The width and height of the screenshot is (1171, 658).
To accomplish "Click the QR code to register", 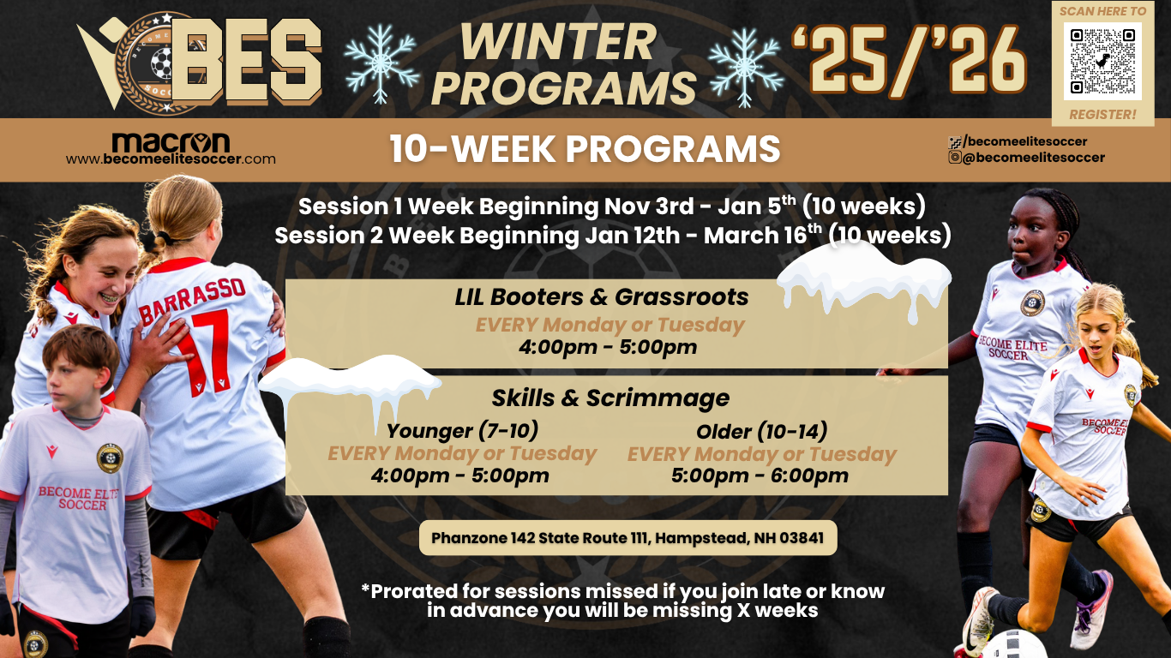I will pos(1102,61).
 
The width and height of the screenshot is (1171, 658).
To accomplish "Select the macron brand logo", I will pos(171,141).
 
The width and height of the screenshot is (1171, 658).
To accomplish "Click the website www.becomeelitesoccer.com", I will pos(171,159).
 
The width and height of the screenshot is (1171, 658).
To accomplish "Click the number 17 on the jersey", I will pos(203,352).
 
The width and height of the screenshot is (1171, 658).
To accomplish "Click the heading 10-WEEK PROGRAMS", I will pos(585,149).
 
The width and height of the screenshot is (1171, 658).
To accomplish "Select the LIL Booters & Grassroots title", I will pos(602,297).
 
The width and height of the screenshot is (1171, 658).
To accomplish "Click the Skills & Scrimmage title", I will pos(610,398).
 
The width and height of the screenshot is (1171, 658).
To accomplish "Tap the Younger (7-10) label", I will pos(462,430).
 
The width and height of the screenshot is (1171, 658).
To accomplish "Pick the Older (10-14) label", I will pos(761,431).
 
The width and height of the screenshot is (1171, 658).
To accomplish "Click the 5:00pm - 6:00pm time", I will pos(760,476).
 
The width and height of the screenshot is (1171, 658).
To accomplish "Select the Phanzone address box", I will pos(628,538).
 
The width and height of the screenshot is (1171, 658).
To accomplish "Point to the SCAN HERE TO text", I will pos(1102,11).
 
